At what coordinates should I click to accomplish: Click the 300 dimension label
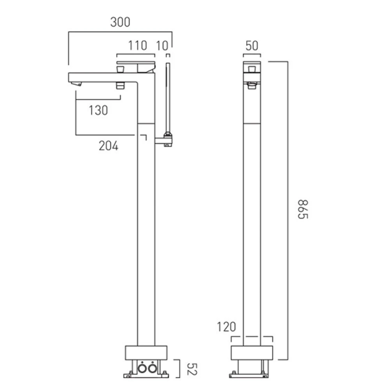pyautogui.click(x=120, y=22)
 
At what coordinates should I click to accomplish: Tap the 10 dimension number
pyautogui.click(x=162, y=46)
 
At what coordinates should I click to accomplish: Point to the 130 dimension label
pyautogui.click(x=98, y=110)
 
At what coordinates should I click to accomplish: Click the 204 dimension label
pyautogui.click(x=108, y=145)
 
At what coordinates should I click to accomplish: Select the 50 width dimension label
pyautogui.click(x=252, y=46)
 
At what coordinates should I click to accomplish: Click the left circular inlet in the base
pyautogui.click(x=142, y=368)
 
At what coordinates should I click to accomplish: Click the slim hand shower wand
pyautogui.click(x=168, y=97)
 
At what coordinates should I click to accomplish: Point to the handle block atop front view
pyautogui.click(x=252, y=67)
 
